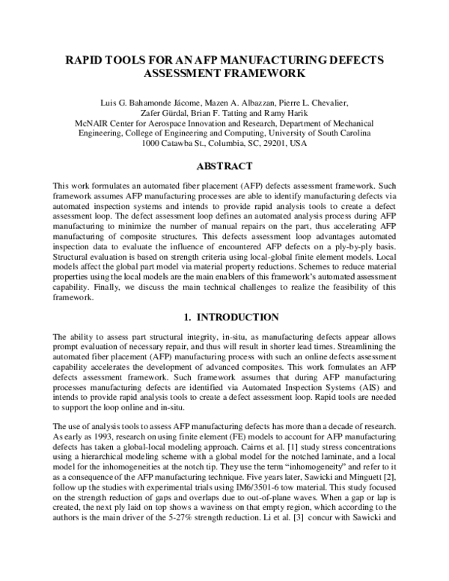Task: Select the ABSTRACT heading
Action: pos(224,166)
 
